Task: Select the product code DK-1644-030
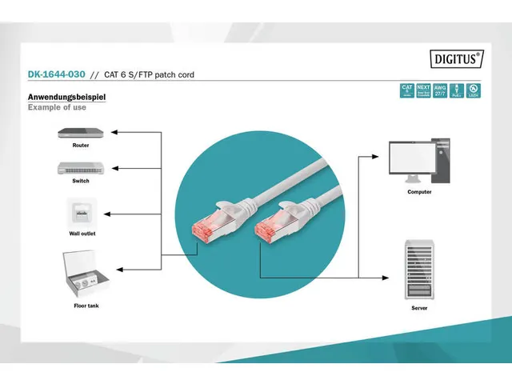pyautogui.click(x=55, y=74)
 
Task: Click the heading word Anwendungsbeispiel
pyautogui.click(x=67, y=97)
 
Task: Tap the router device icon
pyautogui.click(x=81, y=132)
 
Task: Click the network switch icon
pyautogui.click(x=81, y=168)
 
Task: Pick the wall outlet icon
pyautogui.click(x=82, y=214)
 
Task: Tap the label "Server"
pyautogui.click(x=419, y=307)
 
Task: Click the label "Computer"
pyautogui.click(x=419, y=192)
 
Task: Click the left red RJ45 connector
pyautogui.click(x=200, y=230)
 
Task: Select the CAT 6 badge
pyautogui.click(x=406, y=90)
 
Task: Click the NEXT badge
pyautogui.click(x=423, y=90)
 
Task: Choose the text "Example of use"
pyautogui.click(x=57, y=107)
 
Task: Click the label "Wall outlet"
pyautogui.click(x=82, y=234)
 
